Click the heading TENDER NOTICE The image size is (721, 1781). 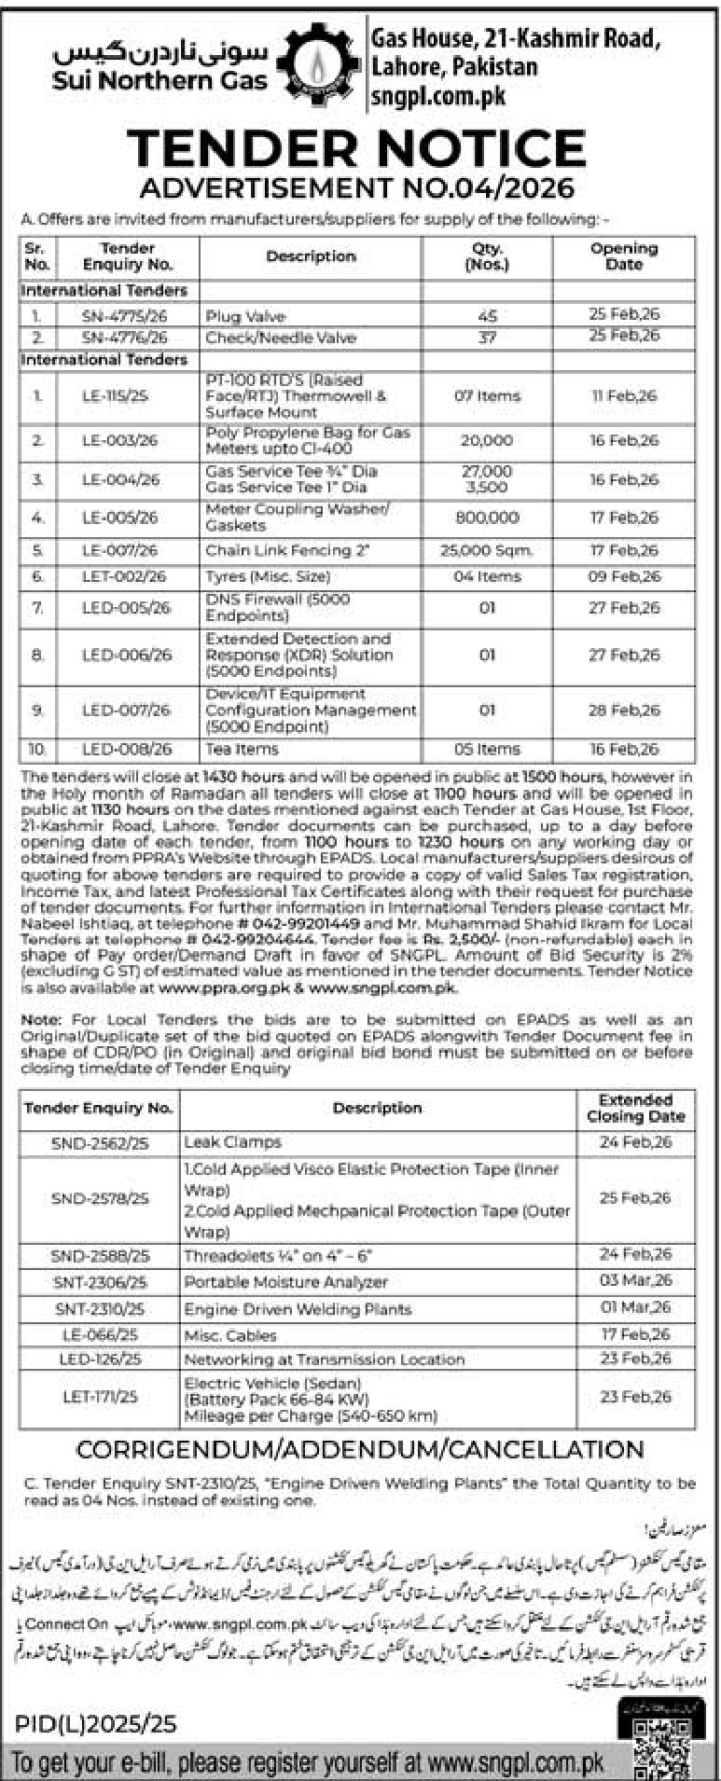(356, 148)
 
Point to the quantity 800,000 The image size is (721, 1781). (487, 518)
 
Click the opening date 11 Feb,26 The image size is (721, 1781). (623, 396)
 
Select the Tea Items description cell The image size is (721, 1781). (242, 749)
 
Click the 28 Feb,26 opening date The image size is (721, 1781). (623, 711)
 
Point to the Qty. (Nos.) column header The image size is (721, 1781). (487, 256)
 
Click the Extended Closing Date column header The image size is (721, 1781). (635, 1108)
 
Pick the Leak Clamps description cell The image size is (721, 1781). (232, 1142)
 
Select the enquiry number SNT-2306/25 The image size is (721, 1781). (100, 1282)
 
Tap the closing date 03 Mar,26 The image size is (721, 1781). (635, 1281)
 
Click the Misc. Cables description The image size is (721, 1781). (229, 1335)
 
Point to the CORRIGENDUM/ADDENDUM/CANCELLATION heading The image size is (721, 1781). (360, 1450)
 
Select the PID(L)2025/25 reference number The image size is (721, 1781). (95, 1725)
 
